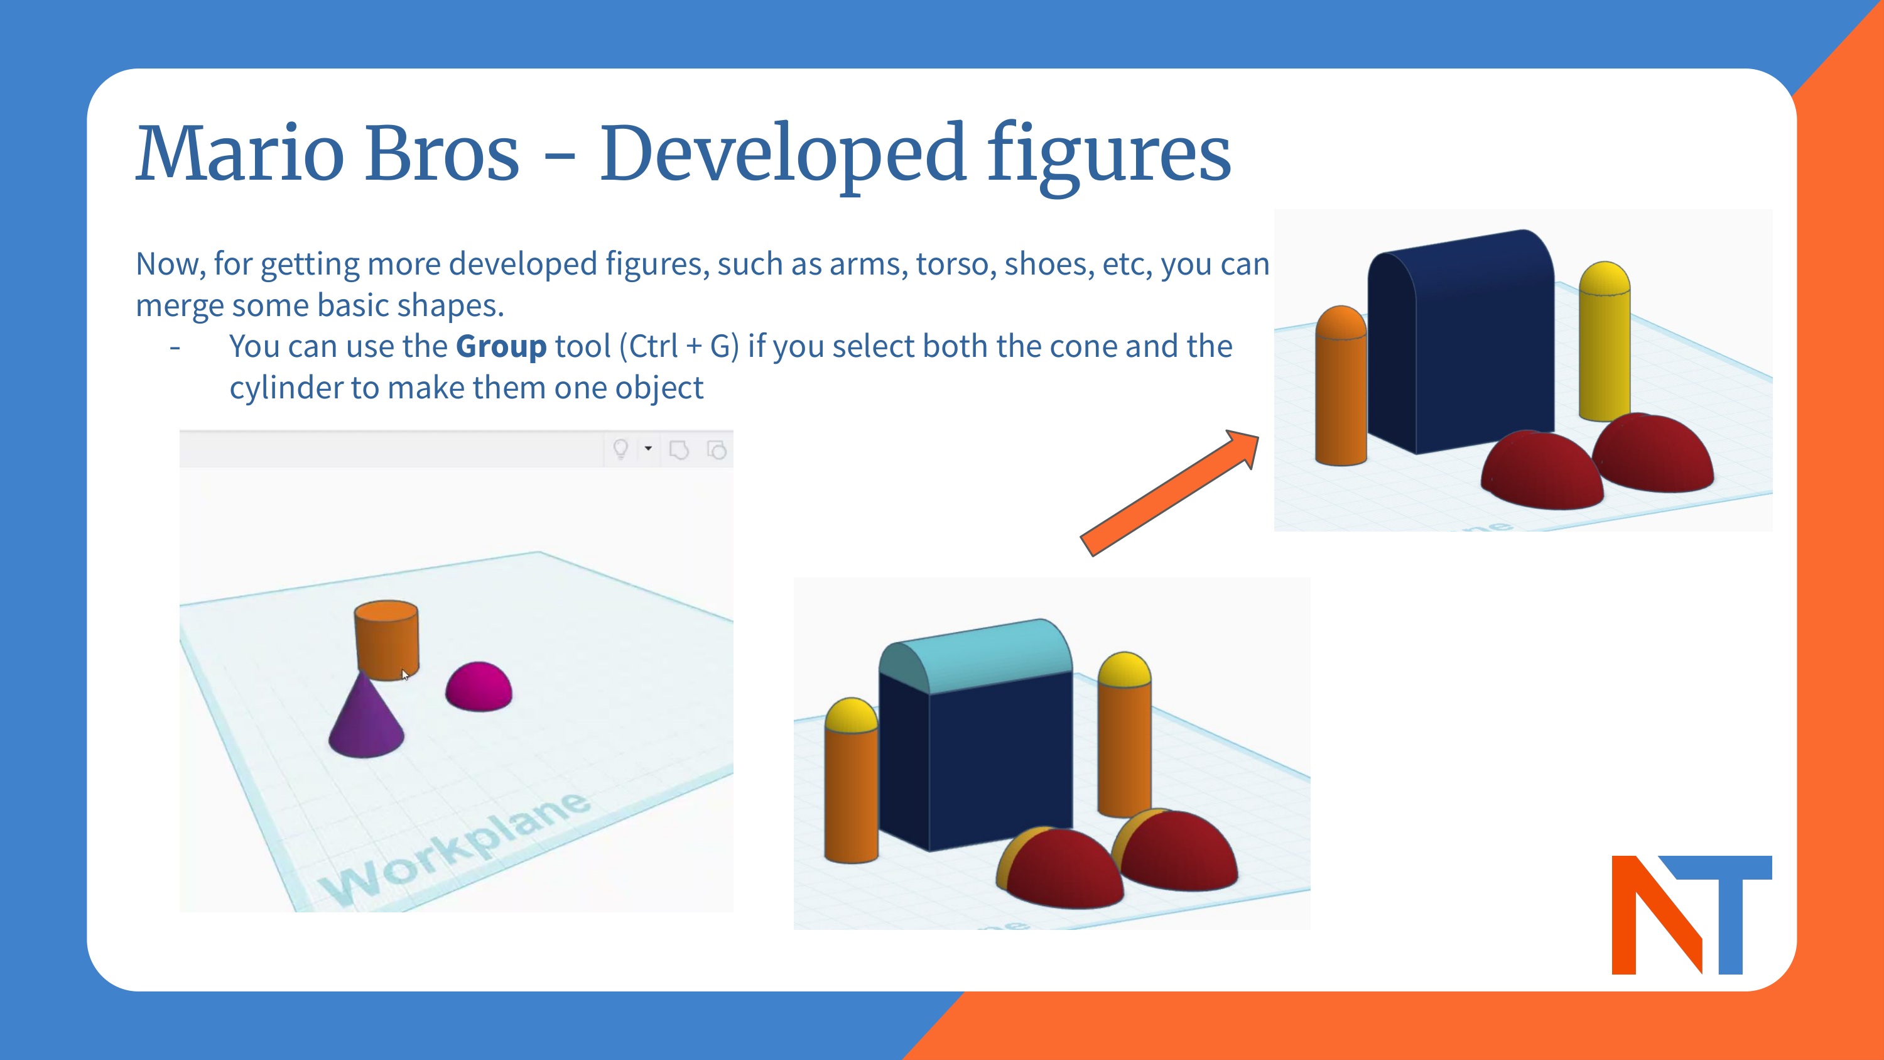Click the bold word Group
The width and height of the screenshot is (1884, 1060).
(501, 346)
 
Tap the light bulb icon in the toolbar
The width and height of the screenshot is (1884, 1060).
(620, 449)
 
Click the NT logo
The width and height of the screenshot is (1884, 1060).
(1691, 914)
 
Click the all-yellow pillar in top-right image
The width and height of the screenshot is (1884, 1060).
(1604, 344)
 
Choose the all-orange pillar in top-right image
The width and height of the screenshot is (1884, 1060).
(1341, 388)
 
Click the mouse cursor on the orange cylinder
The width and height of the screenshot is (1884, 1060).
(404, 674)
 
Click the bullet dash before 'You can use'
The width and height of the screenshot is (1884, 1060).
(175, 347)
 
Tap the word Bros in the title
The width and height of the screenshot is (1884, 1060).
(441, 153)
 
